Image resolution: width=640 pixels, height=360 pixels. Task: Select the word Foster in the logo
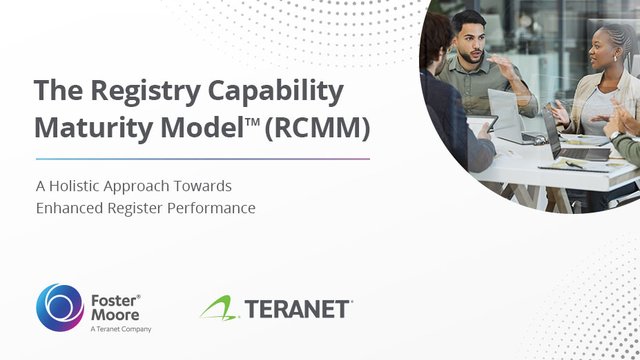(112, 298)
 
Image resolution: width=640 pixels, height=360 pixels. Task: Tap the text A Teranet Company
(121, 328)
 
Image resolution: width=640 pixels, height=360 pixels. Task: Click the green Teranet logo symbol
(217, 308)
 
